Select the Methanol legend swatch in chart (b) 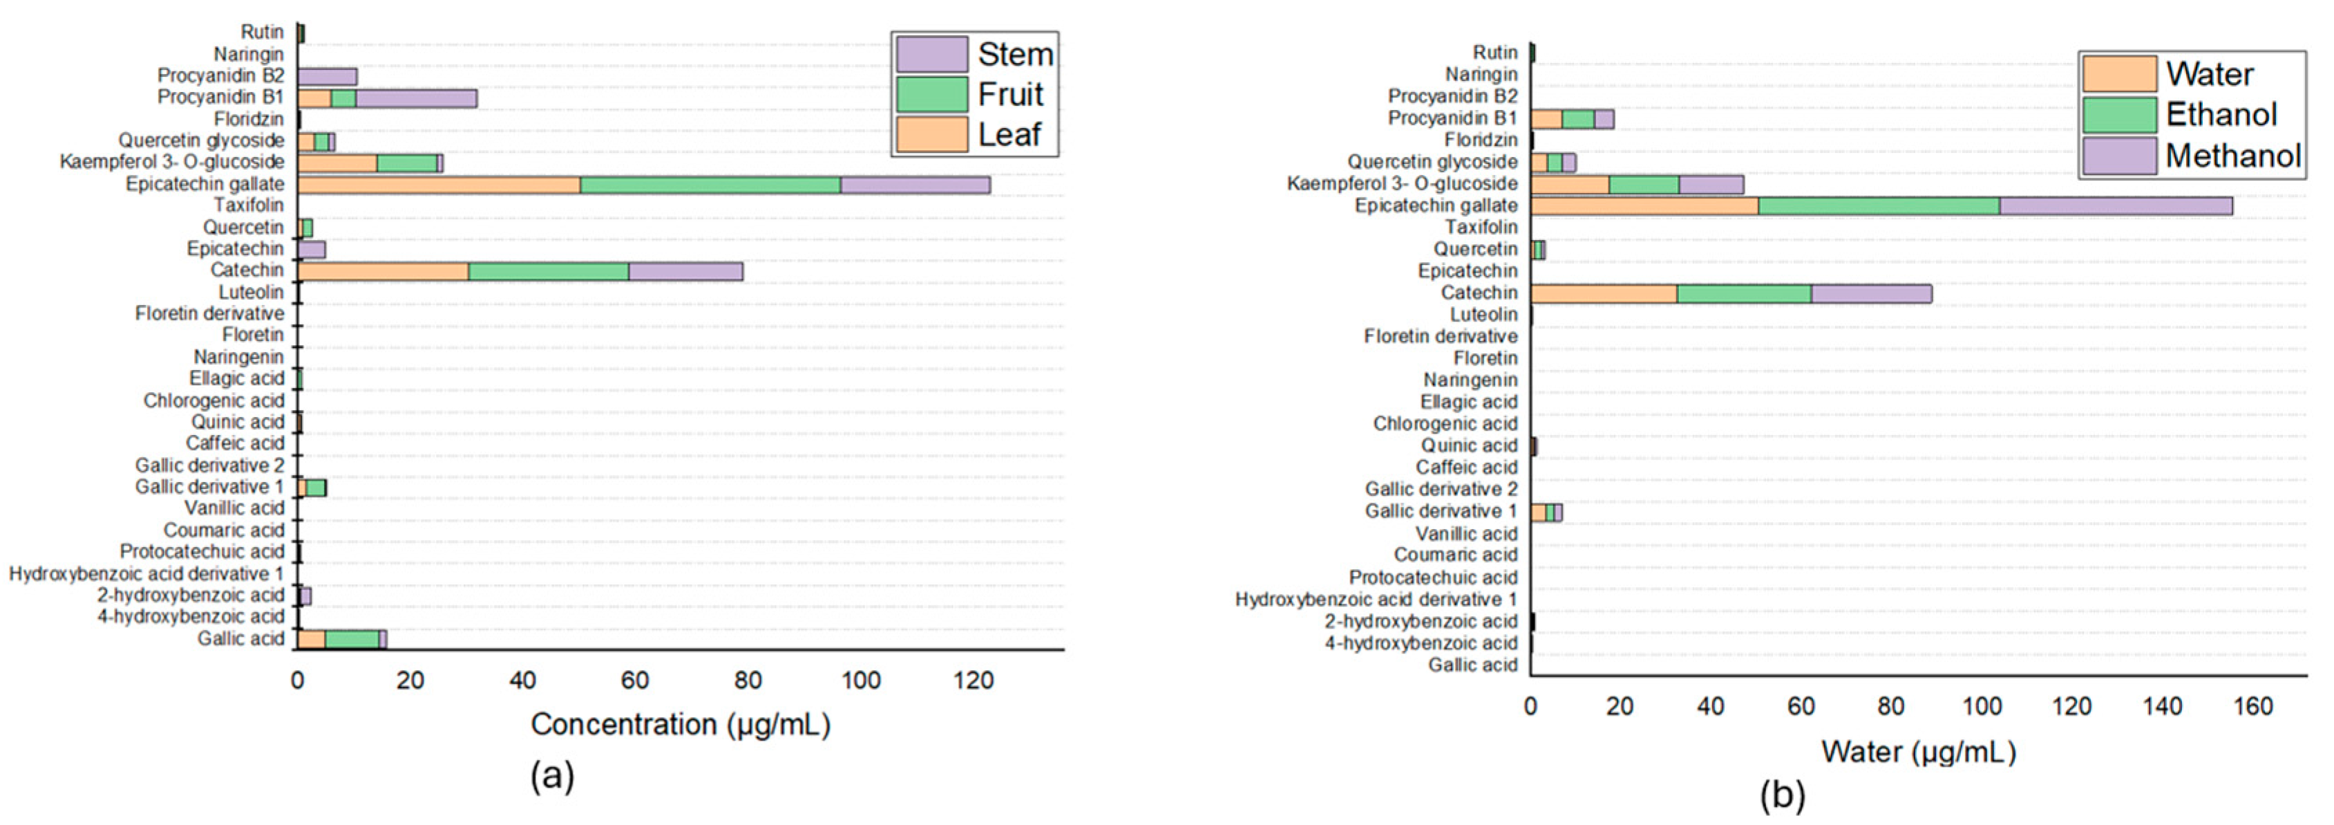(x=2118, y=155)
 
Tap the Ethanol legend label (x=2221, y=114)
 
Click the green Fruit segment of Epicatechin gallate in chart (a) (x=710, y=185)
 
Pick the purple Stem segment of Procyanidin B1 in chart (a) (x=416, y=98)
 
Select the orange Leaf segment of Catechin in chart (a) (x=382, y=271)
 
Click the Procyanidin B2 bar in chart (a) (x=327, y=76)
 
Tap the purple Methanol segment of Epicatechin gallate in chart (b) (x=2116, y=206)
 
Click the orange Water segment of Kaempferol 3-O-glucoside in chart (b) (x=1569, y=184)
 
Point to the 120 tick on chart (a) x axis (x=973, y=680)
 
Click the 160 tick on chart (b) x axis (x=2252, y=706)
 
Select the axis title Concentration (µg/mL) (x=681, y=724)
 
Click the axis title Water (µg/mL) (x=1918, y=752)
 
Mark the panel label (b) (x=1782, y=795)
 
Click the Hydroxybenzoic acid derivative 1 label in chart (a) (x=146, y=574)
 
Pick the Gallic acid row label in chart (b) (x=1472, y=665)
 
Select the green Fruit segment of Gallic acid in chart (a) (x=352, y=639)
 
